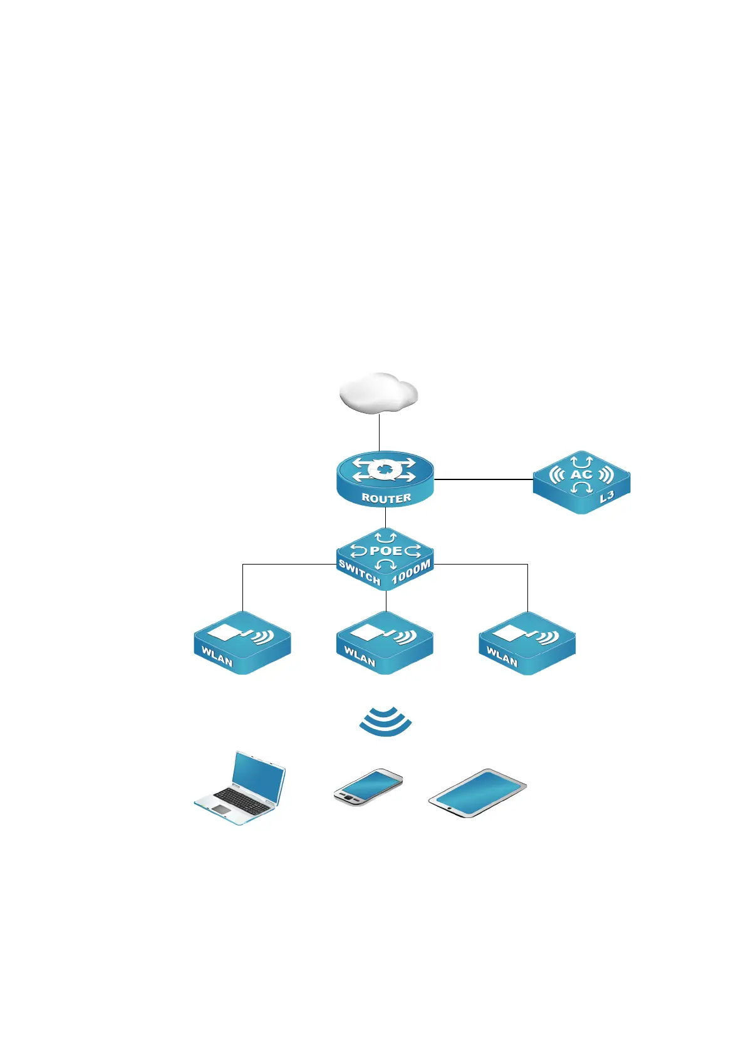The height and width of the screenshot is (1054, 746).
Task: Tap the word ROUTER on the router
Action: coord(386,498)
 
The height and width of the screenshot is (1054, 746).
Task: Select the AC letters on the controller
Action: coord(581,474)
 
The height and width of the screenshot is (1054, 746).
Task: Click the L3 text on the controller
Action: coord(607,498)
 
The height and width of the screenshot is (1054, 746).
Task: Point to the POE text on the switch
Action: coord(386,551)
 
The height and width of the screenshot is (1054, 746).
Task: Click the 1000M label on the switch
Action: coord(411,573)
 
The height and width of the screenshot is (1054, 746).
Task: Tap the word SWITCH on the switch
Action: coord(360,572)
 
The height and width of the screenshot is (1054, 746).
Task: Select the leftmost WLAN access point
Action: coord(242,643)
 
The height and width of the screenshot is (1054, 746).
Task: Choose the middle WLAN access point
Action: coord(385,643)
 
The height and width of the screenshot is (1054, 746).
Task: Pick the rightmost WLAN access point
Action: coord(527,643)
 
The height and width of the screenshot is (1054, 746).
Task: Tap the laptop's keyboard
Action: coord(243,799)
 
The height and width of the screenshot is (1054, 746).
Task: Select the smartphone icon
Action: coord(368,787)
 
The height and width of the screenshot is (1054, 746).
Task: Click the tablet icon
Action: coord(477,793)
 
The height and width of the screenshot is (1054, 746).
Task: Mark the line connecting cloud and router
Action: coord(379,433)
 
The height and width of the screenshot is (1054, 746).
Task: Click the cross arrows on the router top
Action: coord(384,470)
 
